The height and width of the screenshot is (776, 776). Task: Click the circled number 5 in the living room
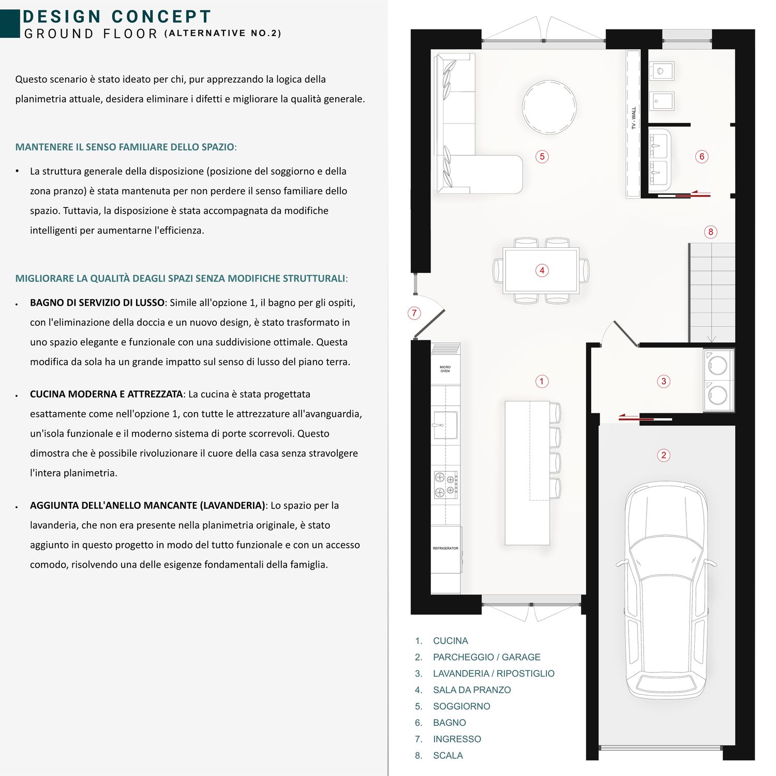542,156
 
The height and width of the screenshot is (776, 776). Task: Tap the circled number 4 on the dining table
542,270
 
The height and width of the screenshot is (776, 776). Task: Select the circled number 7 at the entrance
414,312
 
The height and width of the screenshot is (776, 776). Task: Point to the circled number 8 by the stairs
710,232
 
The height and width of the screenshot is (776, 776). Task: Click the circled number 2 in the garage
663,455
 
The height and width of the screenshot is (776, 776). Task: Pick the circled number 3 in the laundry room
664,381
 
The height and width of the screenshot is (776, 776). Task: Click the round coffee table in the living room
549,108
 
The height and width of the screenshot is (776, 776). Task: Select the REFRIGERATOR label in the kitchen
445,548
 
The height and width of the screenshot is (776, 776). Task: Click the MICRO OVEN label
445,369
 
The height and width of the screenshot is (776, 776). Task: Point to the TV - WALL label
634,118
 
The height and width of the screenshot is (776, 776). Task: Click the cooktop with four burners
445,484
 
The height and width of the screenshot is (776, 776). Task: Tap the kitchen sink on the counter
445,425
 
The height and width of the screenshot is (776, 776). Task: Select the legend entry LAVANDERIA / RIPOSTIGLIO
494,674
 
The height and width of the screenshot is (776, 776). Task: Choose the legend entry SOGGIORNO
461,706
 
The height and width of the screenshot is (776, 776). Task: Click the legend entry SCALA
448,755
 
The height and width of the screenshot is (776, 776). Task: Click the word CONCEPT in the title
161,17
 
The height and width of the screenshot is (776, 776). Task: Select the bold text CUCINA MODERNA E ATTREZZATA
106,394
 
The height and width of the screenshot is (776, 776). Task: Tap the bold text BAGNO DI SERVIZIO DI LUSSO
97,303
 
